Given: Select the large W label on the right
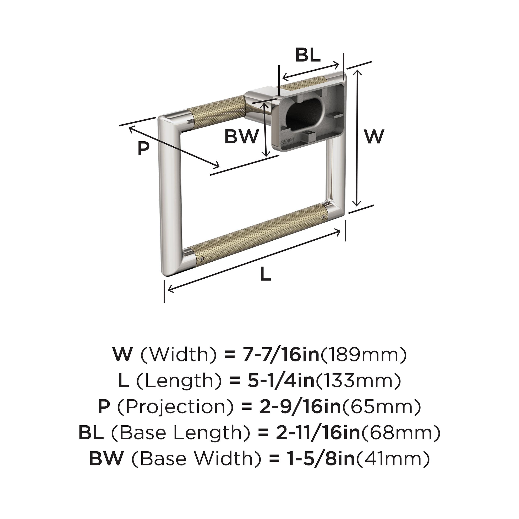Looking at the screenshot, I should [x=375, y=136].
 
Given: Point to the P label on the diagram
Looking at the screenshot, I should [x=143, y=149].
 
